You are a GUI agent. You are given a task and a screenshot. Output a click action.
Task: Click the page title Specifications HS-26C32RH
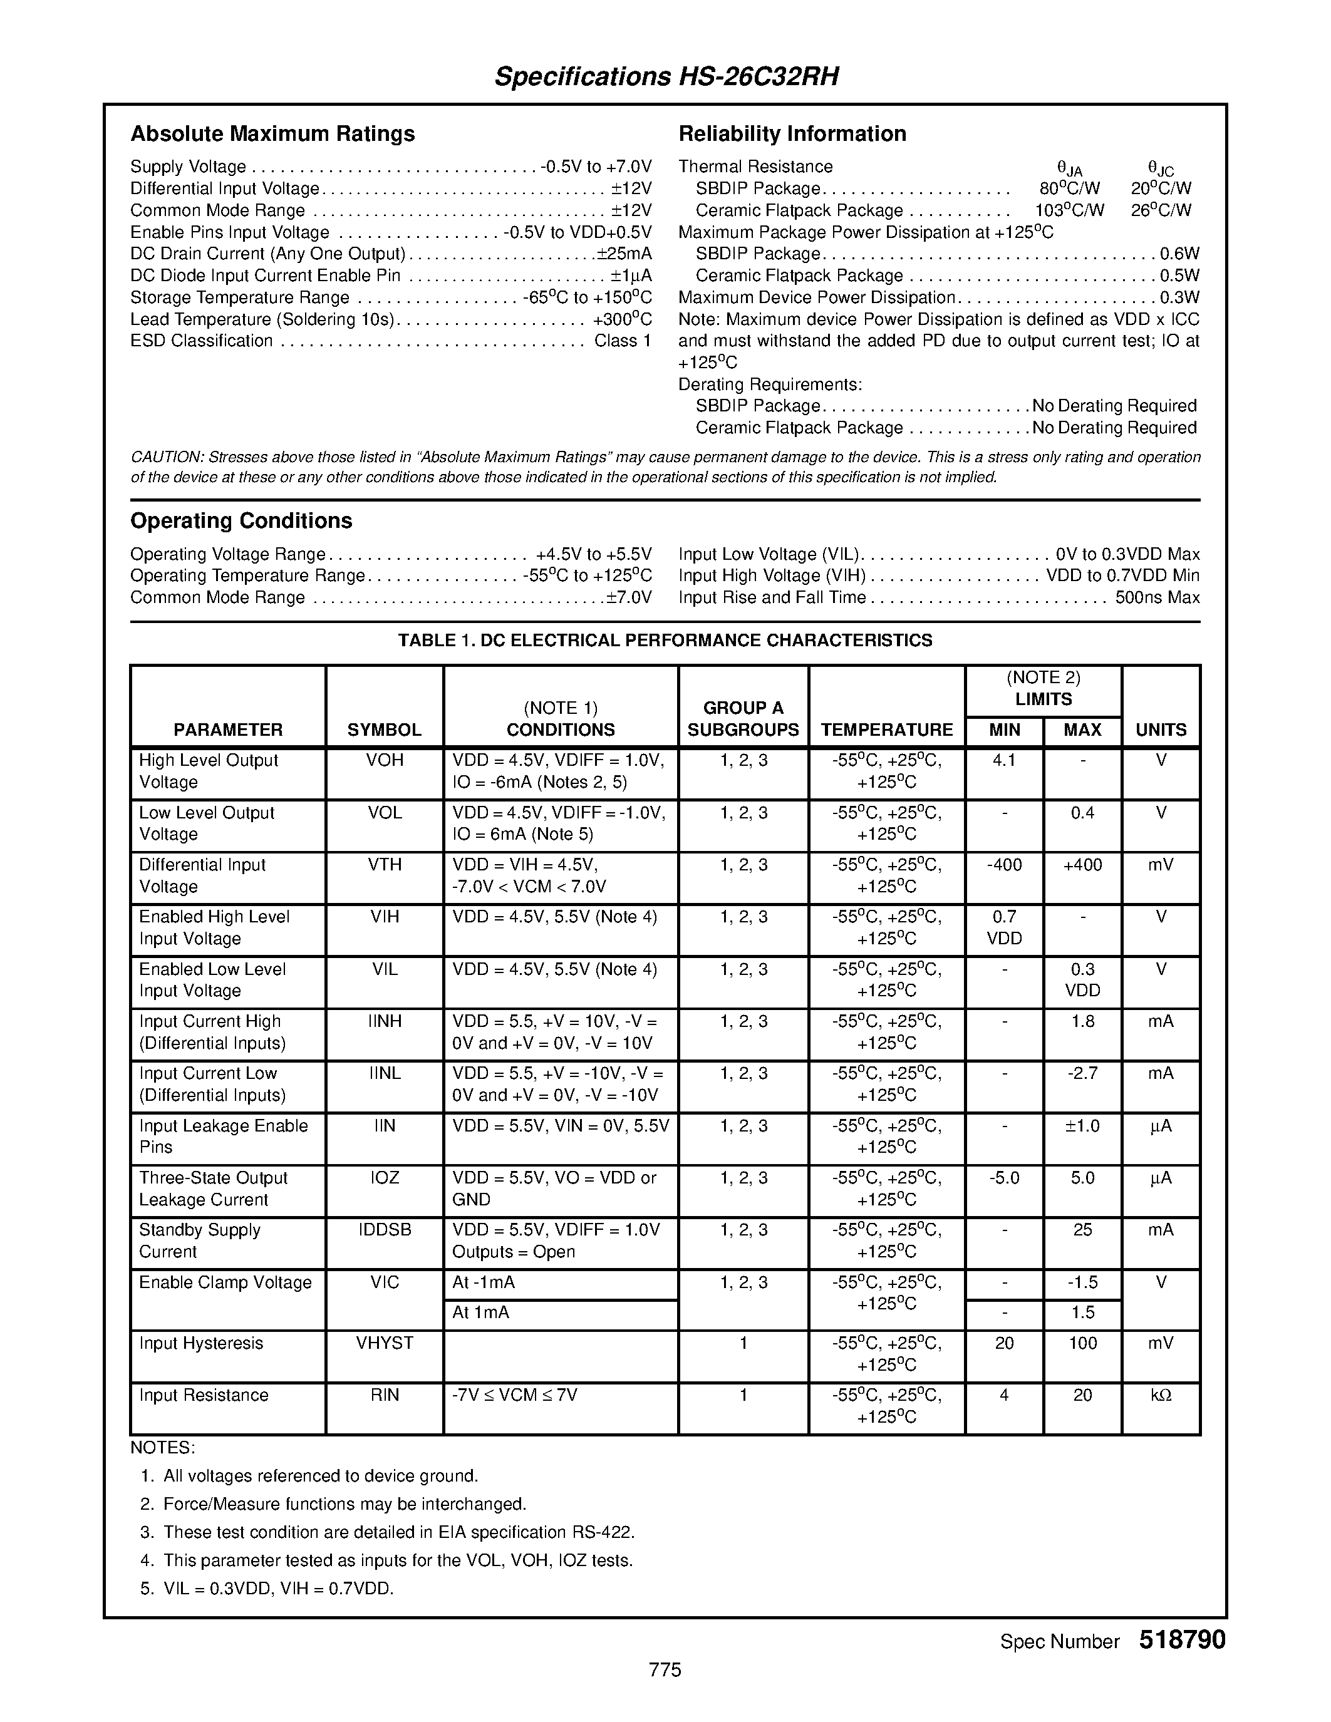pyautogui.click(x=666, y=76)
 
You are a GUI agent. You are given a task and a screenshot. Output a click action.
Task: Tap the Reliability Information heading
pyautogui.click(x=792, y=133)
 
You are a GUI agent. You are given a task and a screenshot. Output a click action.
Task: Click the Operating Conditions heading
pyautogui.click(x=241, y=520)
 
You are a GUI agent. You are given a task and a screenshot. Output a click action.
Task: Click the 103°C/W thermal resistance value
pyautogui.click(x=1069, y=210)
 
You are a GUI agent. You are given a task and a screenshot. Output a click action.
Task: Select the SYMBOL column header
pyautogui.click(x=384, y=730)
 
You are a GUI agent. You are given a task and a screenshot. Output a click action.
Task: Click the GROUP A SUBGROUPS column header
pyautogui.click(x=743, y=718)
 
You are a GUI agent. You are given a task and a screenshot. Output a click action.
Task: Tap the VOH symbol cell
pyautogui.click(x=384, y=760)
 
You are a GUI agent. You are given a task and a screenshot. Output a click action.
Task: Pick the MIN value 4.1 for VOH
pyautogui.click(x=1004, y=760)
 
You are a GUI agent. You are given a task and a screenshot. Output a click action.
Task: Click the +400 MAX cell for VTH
pyautogui.click(x=1082, y=865)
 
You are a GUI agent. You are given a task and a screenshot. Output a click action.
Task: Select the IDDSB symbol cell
pyautogui.click(x=384, y=1230)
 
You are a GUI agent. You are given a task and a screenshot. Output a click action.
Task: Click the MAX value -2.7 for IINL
pyautogui.click(x=1082, y=1073)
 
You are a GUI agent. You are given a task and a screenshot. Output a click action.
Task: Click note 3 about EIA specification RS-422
pyautogui.click(x=398, y=1532)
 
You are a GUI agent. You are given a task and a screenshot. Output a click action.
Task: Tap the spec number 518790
pyautogui.click(x=1181, y=1640)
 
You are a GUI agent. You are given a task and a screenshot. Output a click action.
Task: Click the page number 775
pyautogui.click(x=665, y=1669)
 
